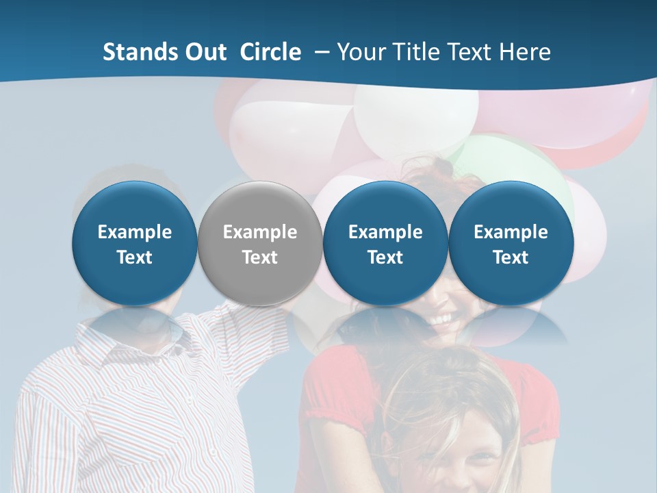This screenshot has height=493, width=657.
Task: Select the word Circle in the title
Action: pyautogui.click(x=270, y=52)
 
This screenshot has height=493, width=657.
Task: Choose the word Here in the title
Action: pyautogui.click(x=526, y=52)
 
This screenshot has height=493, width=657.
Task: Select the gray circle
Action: pyautogui.click(x=260, y=244)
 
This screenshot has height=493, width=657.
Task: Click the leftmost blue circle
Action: pyautogui.click(x=134, y=244)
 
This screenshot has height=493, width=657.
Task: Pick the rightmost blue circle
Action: pyautogui.click(x=511, y=244)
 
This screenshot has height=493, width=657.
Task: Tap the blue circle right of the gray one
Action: pyautogui.click(x=385, y=244)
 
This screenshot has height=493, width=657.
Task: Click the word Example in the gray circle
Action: pyautogui.click(x=260, y=232)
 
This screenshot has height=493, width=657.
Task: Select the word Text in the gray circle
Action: pyautogui.click(x=260, y=257)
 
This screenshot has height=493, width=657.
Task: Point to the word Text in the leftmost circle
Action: pyautogui.click(x=134, y=257)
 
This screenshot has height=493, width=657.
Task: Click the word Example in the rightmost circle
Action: pyautogui.click(x=511, y=232)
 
